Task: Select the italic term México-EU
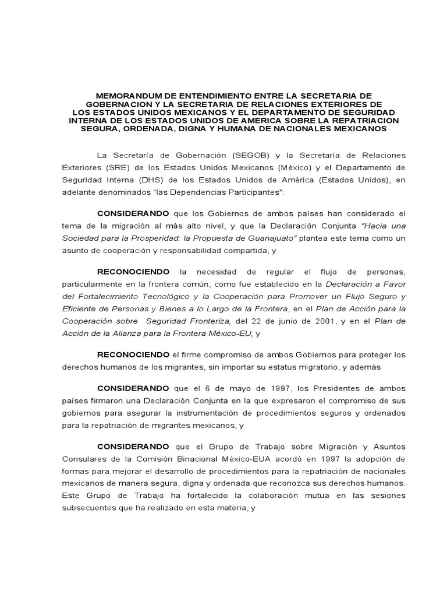(229, 333)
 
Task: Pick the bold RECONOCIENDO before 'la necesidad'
(133, 272)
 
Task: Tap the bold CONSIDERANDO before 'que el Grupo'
(133, 447)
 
